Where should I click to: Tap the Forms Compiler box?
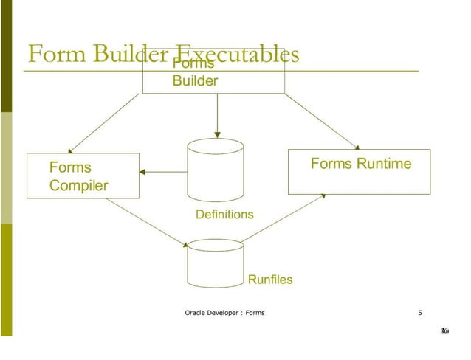pos(83,176)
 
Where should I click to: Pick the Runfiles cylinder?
pos(216,263)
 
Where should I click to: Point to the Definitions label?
pos(224,215)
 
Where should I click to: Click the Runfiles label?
pos(269,280)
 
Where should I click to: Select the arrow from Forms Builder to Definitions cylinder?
pos(216,116)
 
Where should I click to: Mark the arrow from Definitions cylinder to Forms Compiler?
pos(163,172)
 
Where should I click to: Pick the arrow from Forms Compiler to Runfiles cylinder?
pos(148,222)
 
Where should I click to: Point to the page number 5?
pos(419,313)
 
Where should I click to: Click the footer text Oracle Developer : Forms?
pos(224,313)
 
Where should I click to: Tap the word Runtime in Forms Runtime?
pos(384,164)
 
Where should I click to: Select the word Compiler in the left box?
pos(78,185)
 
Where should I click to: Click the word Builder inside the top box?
pos(195,81)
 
